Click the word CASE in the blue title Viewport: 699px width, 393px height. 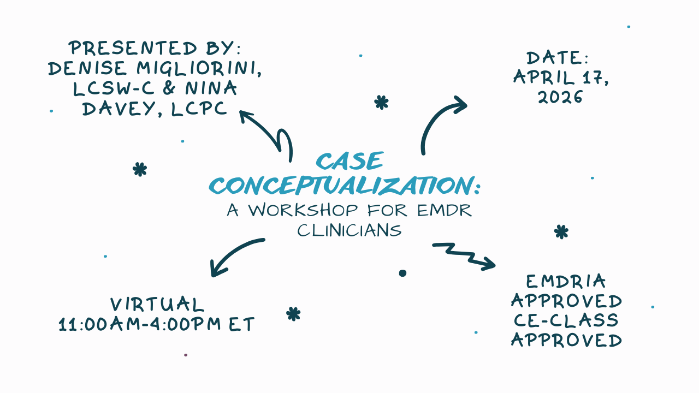point(349,162)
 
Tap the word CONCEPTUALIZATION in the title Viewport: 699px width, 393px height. point(340,186)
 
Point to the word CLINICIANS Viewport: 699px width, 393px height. point(349,230)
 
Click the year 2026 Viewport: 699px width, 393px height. point(560,97)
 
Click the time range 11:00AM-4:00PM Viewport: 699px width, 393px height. point(140,325)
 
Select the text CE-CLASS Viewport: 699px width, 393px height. point(566,320)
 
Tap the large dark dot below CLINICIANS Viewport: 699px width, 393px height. point(402,273)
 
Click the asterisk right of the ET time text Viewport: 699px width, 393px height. point(293,314)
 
